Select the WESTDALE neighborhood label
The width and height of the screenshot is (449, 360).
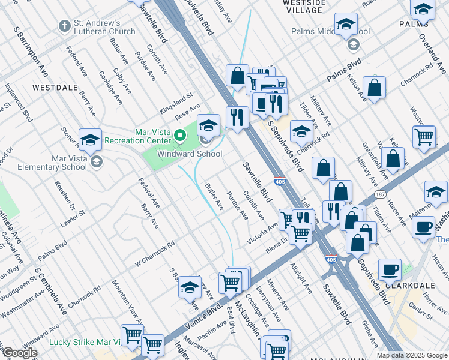click(x=55, y=88)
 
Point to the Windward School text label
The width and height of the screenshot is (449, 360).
click(x=190, y=154)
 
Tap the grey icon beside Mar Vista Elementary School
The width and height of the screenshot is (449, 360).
click(x=96, y=162)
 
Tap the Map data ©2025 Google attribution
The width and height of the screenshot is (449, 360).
click(x=412, y=355)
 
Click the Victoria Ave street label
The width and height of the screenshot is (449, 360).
click(x=262, y=234)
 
